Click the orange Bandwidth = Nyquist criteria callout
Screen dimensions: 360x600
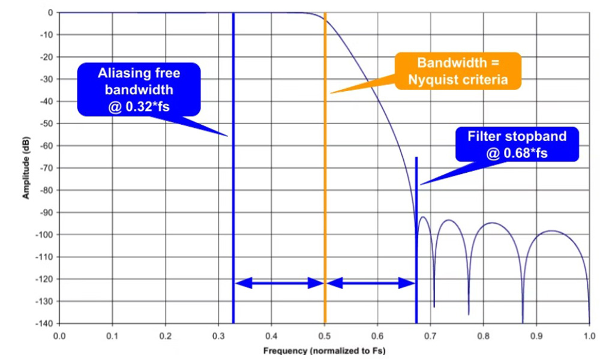[458, 71]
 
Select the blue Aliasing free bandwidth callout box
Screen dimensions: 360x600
[139, 89]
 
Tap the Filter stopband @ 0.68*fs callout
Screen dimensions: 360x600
[517, 145]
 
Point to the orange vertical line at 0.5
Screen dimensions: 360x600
[325, 180]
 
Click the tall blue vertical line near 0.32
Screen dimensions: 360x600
[233, 180]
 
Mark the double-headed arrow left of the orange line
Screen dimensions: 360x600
[279, 282]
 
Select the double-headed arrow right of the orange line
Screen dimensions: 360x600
[370, 282]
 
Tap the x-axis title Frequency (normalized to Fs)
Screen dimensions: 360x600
[325, 350]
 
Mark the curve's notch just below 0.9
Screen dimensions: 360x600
[522, 320]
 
